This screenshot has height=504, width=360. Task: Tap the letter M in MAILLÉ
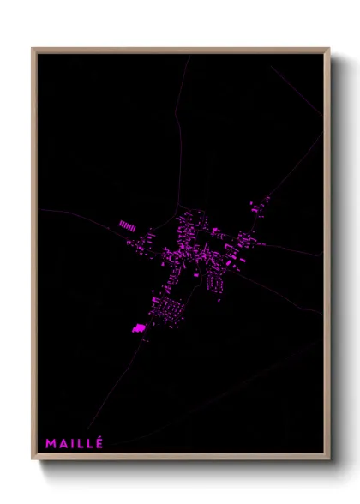[51, 443]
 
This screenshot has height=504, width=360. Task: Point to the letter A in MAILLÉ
[63, 443]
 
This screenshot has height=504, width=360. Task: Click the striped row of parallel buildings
[127, 225]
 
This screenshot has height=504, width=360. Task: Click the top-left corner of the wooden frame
[33, 49]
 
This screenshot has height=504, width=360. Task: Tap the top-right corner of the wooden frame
[327, 49]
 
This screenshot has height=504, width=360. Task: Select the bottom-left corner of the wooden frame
[33, 459]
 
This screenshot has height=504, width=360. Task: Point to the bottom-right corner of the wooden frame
[327, 459]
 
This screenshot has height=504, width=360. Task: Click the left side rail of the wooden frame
[33, 257]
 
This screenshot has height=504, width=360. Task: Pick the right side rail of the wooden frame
[327, 257]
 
